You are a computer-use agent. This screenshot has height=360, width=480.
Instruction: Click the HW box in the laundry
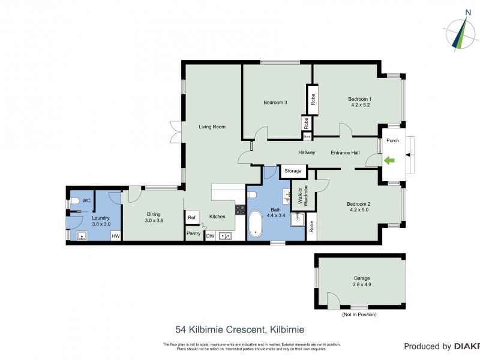[115, 236]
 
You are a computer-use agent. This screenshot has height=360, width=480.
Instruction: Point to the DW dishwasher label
[210, 236]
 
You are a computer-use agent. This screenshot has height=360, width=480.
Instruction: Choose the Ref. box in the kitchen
[192, 217]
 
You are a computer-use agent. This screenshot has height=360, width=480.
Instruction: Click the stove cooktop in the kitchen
[240, 210]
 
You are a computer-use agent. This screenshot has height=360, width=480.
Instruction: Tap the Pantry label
[193, 233]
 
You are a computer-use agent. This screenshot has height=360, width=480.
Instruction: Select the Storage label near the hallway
[293, 171]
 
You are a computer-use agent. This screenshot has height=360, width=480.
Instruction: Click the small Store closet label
[307, 136]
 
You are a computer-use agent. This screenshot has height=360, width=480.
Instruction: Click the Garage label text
[361, 278]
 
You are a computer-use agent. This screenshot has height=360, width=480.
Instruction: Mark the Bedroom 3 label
[275, 103]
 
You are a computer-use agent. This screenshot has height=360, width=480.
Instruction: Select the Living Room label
[212, 127]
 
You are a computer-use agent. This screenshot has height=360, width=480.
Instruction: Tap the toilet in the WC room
[75, 201]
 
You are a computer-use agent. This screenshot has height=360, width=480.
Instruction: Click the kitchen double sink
[226, 236]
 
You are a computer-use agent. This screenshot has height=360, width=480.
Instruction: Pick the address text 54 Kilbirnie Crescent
[240, 329]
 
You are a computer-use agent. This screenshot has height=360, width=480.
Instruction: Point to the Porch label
[392, 141]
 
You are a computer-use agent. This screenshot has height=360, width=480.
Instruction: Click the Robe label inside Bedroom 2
[311, 227]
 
